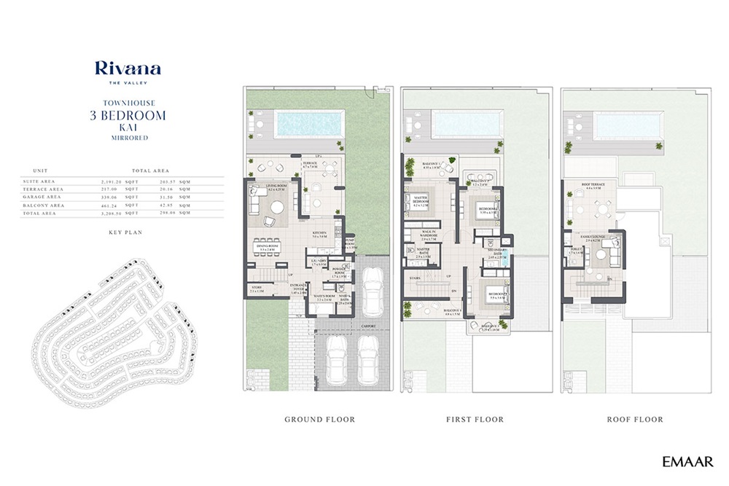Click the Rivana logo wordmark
(128, 69)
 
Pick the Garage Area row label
(42, 197)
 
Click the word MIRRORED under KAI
(128, 138)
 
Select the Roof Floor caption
(635, 420)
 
